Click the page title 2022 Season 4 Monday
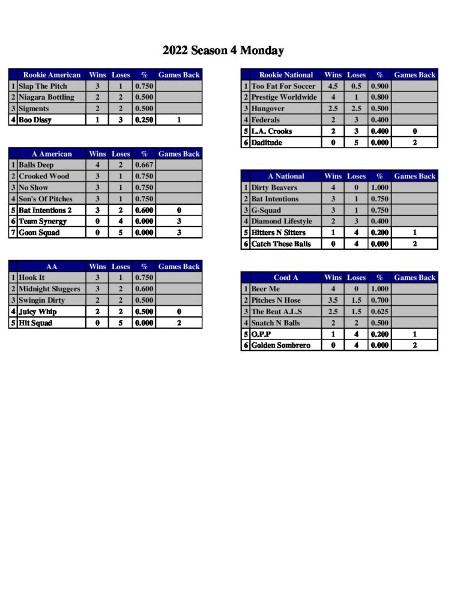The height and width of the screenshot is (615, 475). pos(223,51)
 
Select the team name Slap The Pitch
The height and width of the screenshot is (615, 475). pos(43,86)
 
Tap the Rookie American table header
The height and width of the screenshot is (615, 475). pos(52,75)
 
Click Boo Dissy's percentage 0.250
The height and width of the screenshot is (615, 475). pos(144,120)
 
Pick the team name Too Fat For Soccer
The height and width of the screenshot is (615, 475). pos(283,86)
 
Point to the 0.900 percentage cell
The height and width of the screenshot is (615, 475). pos(380,86)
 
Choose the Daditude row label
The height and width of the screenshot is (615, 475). pos(267,143)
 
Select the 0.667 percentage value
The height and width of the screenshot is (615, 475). pos(144,165)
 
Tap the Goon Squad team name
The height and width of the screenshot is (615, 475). pos(39,233)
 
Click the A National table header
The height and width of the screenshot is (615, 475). pos(286,177)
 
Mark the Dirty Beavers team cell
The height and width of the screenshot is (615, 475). pos(274,188)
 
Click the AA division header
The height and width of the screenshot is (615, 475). pos(52,267)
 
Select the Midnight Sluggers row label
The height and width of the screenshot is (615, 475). pos(49,289)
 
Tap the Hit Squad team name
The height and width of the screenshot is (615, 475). pos(35,323)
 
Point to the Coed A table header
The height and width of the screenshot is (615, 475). pos(286,278)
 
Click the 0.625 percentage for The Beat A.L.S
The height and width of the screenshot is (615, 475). pos(380,312)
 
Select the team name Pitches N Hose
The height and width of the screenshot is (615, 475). pos(276,300)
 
